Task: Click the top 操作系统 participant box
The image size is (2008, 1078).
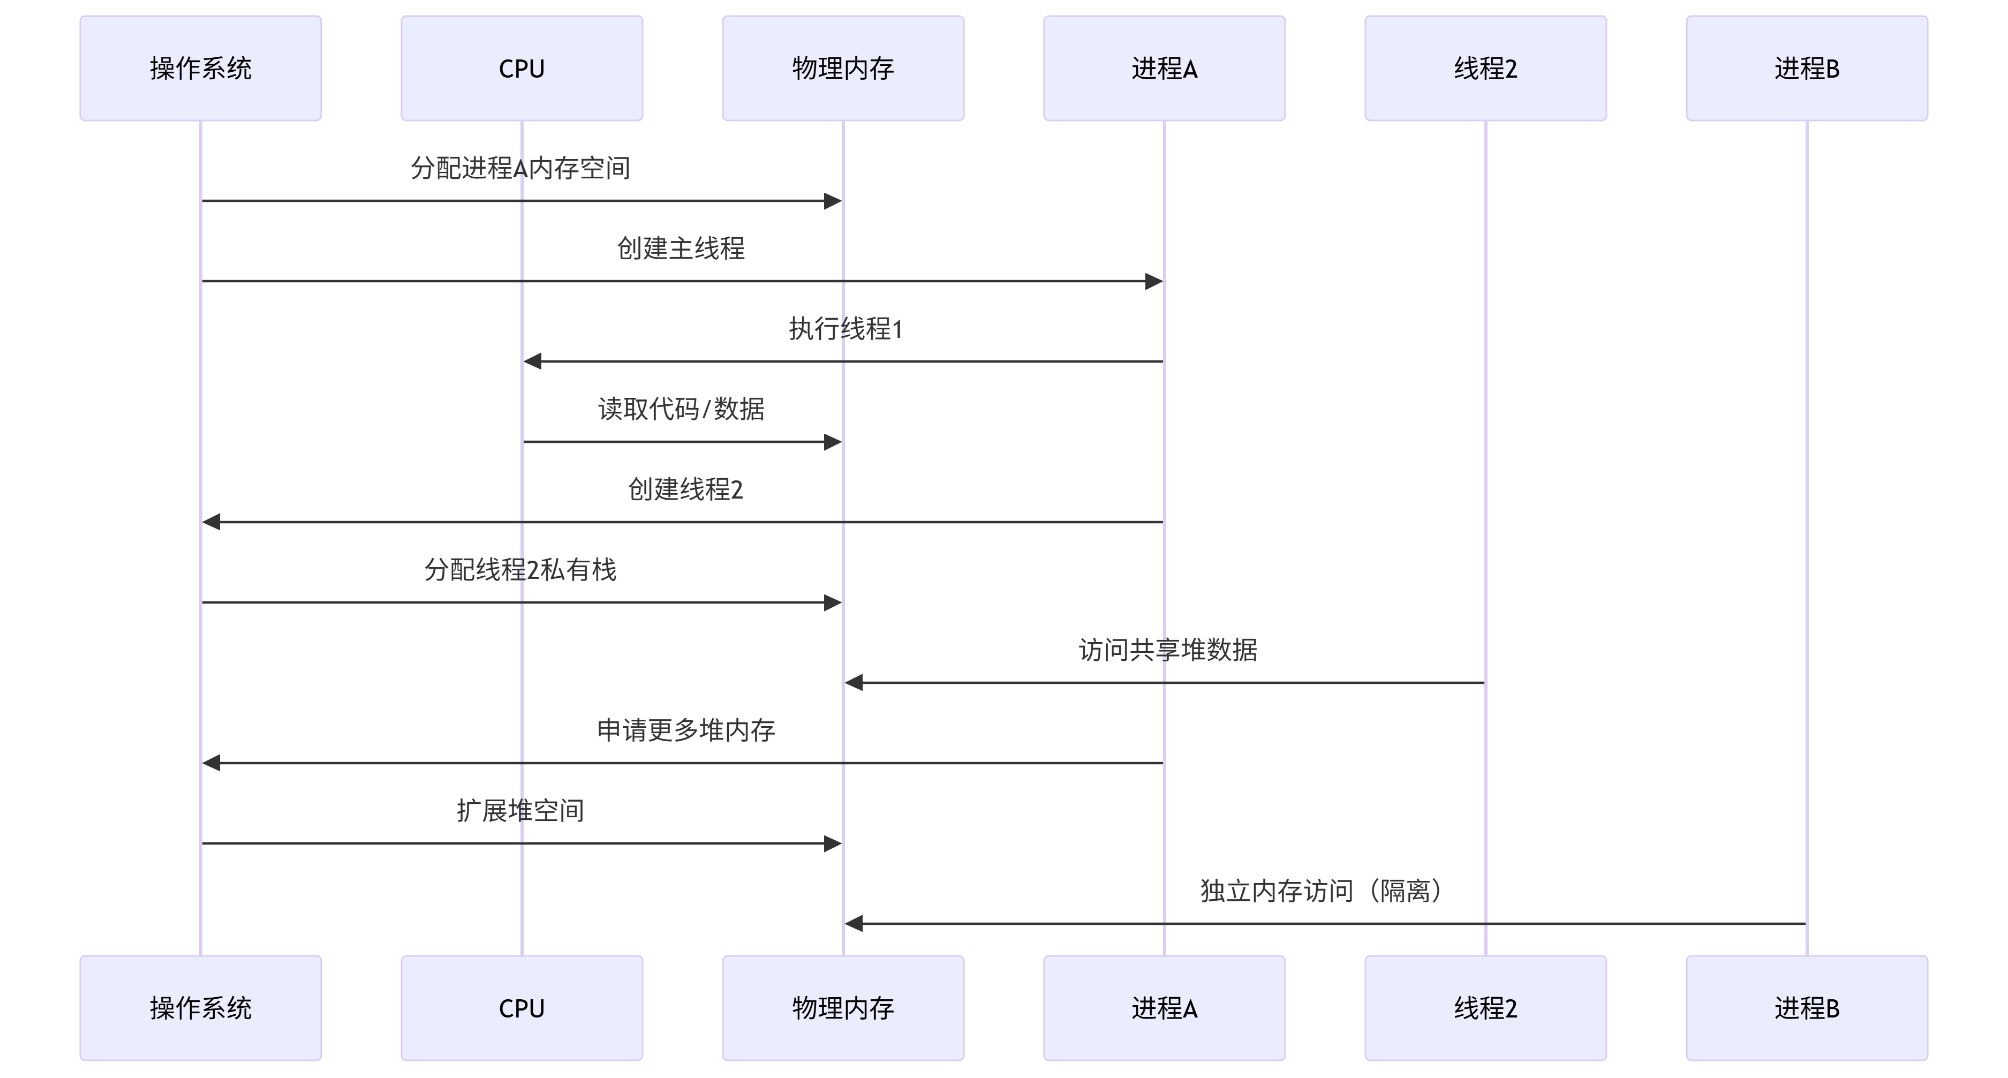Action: [200, 69]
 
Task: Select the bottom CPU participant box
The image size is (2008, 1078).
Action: [522, 1008]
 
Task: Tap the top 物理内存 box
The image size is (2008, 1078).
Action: [843, 69]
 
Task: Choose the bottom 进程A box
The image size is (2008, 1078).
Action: [1164, 1008]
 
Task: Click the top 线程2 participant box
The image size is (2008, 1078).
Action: [1485, 69]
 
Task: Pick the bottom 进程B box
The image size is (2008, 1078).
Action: [1806, 1008]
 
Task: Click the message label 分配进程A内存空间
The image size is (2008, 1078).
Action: [520, 168]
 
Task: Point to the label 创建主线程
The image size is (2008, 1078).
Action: [681, 248]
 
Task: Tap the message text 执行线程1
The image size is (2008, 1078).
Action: [845, 329]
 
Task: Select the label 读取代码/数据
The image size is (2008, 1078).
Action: [681, 409]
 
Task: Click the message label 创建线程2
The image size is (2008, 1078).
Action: [685, 489]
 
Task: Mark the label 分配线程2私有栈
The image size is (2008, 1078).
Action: [520, 570]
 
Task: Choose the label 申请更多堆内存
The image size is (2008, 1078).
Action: [685, 730]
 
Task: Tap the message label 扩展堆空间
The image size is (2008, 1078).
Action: [520, 811]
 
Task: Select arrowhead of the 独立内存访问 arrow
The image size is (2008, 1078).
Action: [854, 924]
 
